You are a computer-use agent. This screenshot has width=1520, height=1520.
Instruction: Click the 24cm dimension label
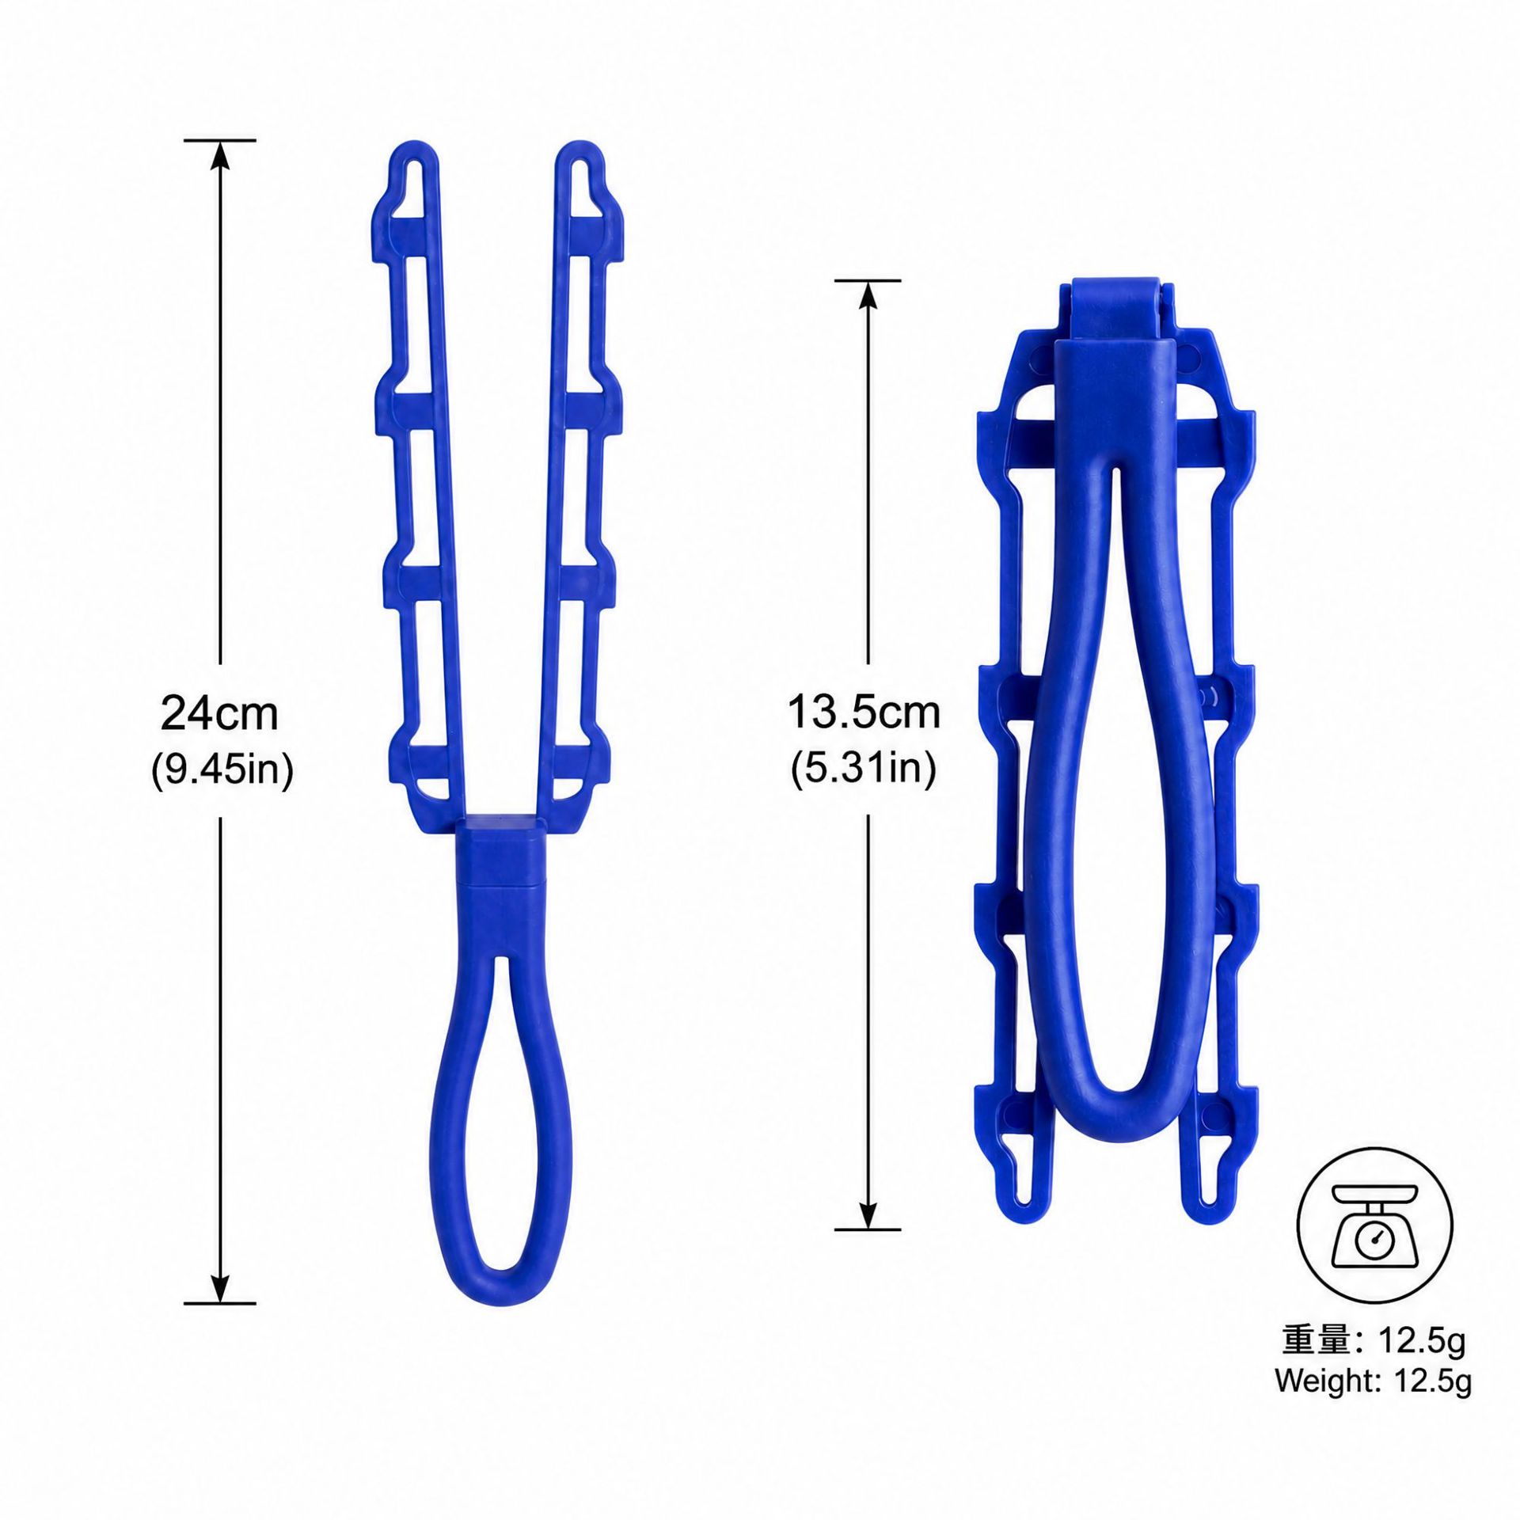[219, 714]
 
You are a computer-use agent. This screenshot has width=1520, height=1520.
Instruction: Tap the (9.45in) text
[222, 769]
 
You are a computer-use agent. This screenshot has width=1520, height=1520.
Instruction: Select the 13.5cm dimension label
[864, 713]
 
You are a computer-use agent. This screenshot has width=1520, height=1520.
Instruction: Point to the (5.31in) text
[864, 769]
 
